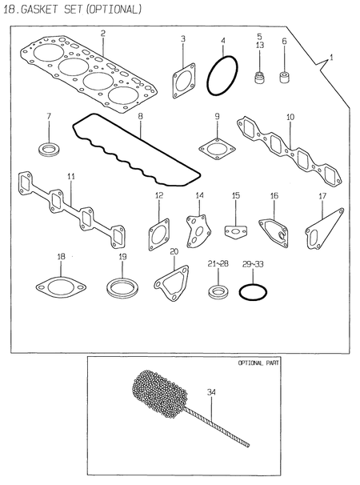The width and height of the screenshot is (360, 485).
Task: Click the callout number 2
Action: (x=102, y=34)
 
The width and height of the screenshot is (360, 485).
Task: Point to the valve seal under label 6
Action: (x=283, y=78)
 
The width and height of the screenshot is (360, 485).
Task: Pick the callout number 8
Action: (x=140, y=117)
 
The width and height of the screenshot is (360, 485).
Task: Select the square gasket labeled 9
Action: (x=216, y=148)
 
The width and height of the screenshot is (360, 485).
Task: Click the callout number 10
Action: (x=290, y=117)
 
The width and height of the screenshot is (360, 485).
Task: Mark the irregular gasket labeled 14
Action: (x=195, y=227)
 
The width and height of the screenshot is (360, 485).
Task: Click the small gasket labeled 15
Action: (x=237, y=231)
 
